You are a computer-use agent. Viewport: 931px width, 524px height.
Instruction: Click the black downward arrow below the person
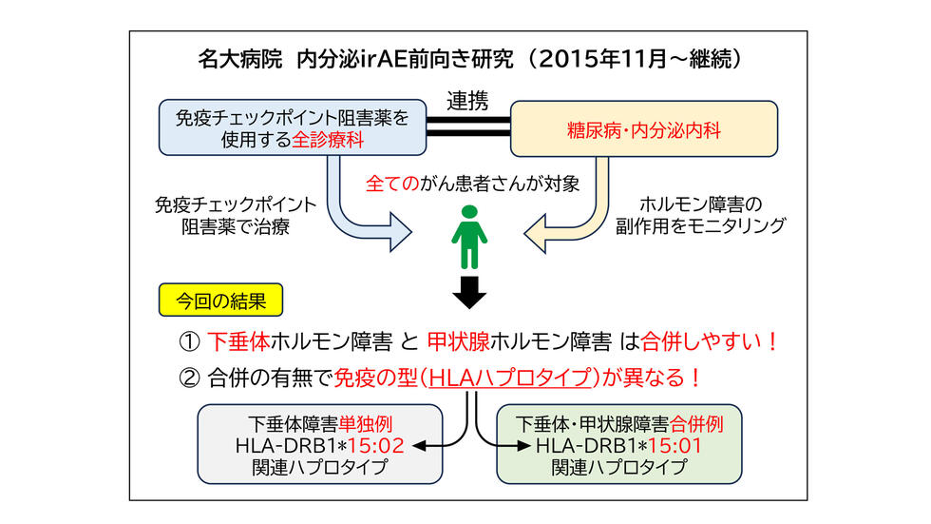[x=465, y=294]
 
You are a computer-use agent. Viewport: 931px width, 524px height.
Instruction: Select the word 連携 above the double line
[x=466, y=97]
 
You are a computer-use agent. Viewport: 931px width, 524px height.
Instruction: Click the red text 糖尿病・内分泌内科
[x=645, y=130]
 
